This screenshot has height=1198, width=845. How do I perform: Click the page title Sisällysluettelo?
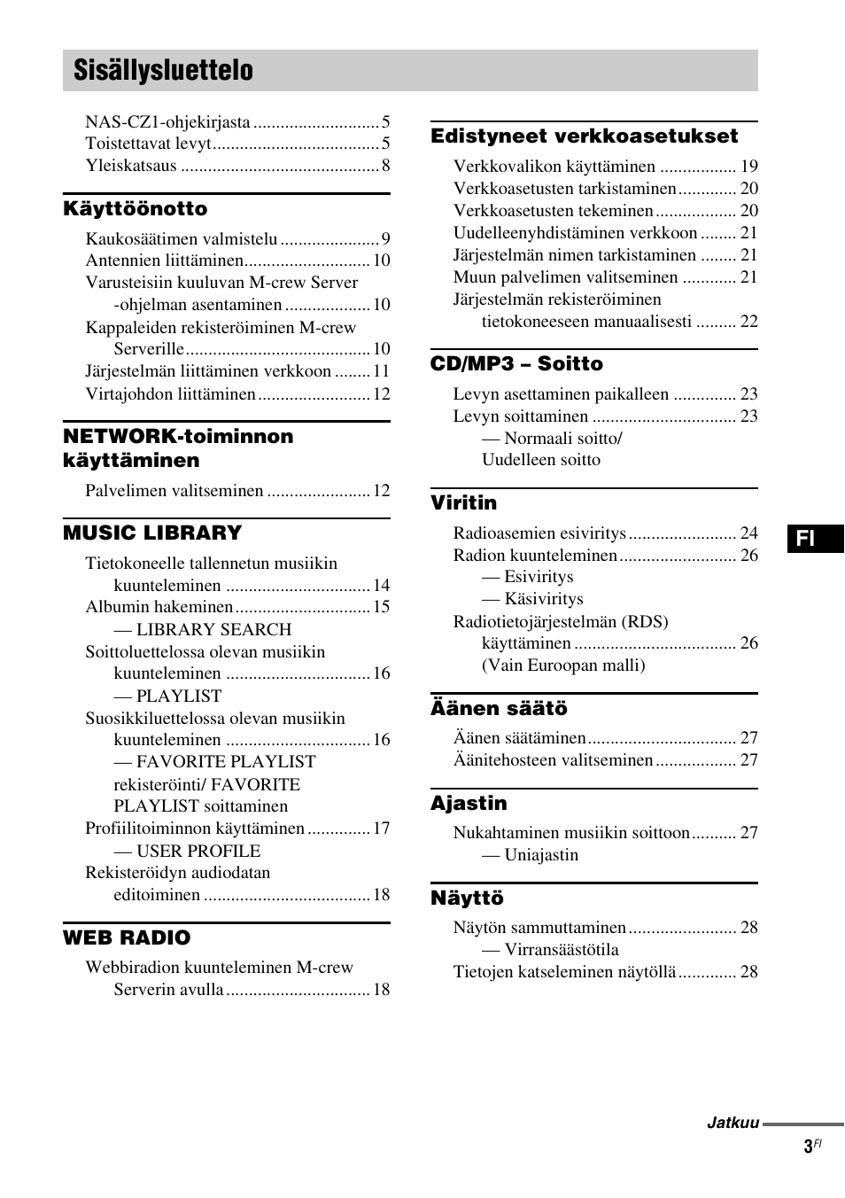click(x=163, y=71)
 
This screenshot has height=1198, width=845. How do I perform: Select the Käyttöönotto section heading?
click(x=135, y=209)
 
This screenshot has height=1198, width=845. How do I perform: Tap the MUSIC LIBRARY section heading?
click(x=152, y=533)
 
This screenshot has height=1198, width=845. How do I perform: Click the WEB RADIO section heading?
click(x=127, y=938)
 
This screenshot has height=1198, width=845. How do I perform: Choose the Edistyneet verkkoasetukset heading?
click(x=584, y=136)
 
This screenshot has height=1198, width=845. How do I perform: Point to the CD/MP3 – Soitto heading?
click(x=516, y=364)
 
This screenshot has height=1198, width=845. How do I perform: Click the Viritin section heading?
click(x=463, y=503)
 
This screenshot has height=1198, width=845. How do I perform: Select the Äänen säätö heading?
click(x=499, y=709)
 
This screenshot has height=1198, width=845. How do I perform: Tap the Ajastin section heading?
click(x=469, y=804)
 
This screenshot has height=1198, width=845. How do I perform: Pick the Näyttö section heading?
click(x=467, y=898)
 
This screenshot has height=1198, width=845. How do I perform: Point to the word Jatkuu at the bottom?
click(x=733, y=1123)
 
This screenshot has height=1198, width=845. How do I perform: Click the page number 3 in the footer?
click(x=808, y=1147)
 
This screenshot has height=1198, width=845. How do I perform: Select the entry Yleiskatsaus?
click(x=131, y=166)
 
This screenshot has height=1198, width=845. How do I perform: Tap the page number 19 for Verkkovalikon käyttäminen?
click(x=748, y=167)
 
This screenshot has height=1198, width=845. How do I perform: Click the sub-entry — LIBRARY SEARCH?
click(x=202, y=630)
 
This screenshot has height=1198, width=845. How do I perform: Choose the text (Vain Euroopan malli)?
click(x=563, y=665)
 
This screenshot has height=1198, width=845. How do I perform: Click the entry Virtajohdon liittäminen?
click(x=170, y=394)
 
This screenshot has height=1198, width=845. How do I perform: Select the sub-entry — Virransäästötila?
click(x=550, y=950)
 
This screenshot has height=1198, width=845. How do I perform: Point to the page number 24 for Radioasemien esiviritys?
click(x=748, y=533)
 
